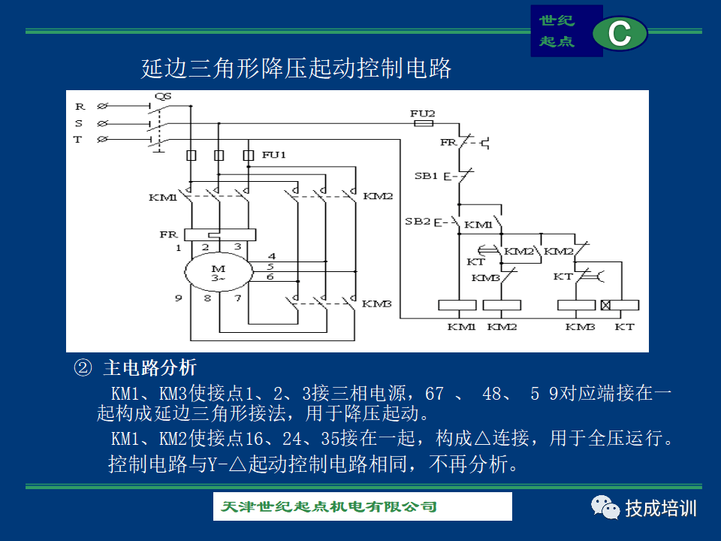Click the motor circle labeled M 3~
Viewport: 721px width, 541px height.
pyautogui.click(x=218, y=274)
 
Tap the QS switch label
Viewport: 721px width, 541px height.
pyautogui.click(x=163, y=97)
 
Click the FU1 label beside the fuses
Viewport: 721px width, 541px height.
pyautogui.click(x=274, y=155)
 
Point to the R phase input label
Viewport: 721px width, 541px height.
pyautogui.click(x=79, y=107)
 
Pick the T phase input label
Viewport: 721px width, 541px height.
pyautogui.click(x=77, y=140)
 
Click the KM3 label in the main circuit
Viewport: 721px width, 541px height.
pyautogui.click(x=377, y=304)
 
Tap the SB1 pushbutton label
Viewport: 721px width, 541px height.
pyautogui.click(x=426, y=176)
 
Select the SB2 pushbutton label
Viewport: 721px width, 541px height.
pyautogui.click(x=418, y=222)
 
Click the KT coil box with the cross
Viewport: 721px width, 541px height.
pyautogui.click(x=620, y=305)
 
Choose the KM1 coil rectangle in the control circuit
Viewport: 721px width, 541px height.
pyautogui.click(x=457, y=305)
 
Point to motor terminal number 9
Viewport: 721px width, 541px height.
pyautogui.click(x=179, y=298)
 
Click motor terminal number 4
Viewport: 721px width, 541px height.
pyautogui.click(x=271, y=256)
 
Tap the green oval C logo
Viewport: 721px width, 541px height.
pyautogui.click(x=620, y=34)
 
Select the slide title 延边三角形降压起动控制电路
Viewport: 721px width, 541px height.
pyautogui.click(x=297, y=69)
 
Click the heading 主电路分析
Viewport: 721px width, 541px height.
pyautogui.click(x=149, y=367)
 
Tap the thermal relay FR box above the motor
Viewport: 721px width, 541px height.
pyautogui.click(x=215, y=234)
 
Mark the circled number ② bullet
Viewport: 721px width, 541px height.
pyautogui.click(x=83, y=367)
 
